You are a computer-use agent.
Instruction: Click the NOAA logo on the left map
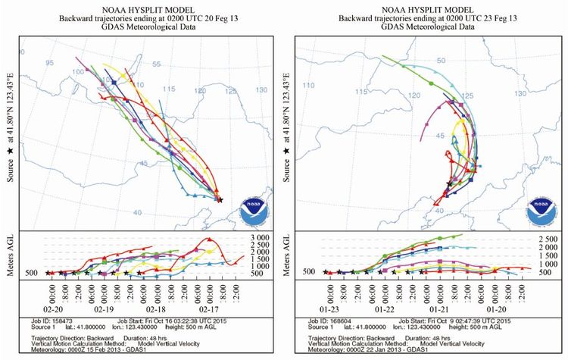pos(251,211)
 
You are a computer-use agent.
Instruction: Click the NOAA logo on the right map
pos(538,211)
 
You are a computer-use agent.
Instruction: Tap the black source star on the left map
pos(220,200)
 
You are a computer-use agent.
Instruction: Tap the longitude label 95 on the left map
pos(50,63)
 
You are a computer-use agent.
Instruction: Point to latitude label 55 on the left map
pos(156,67)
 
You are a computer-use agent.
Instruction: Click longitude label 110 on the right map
pos(308,86)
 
